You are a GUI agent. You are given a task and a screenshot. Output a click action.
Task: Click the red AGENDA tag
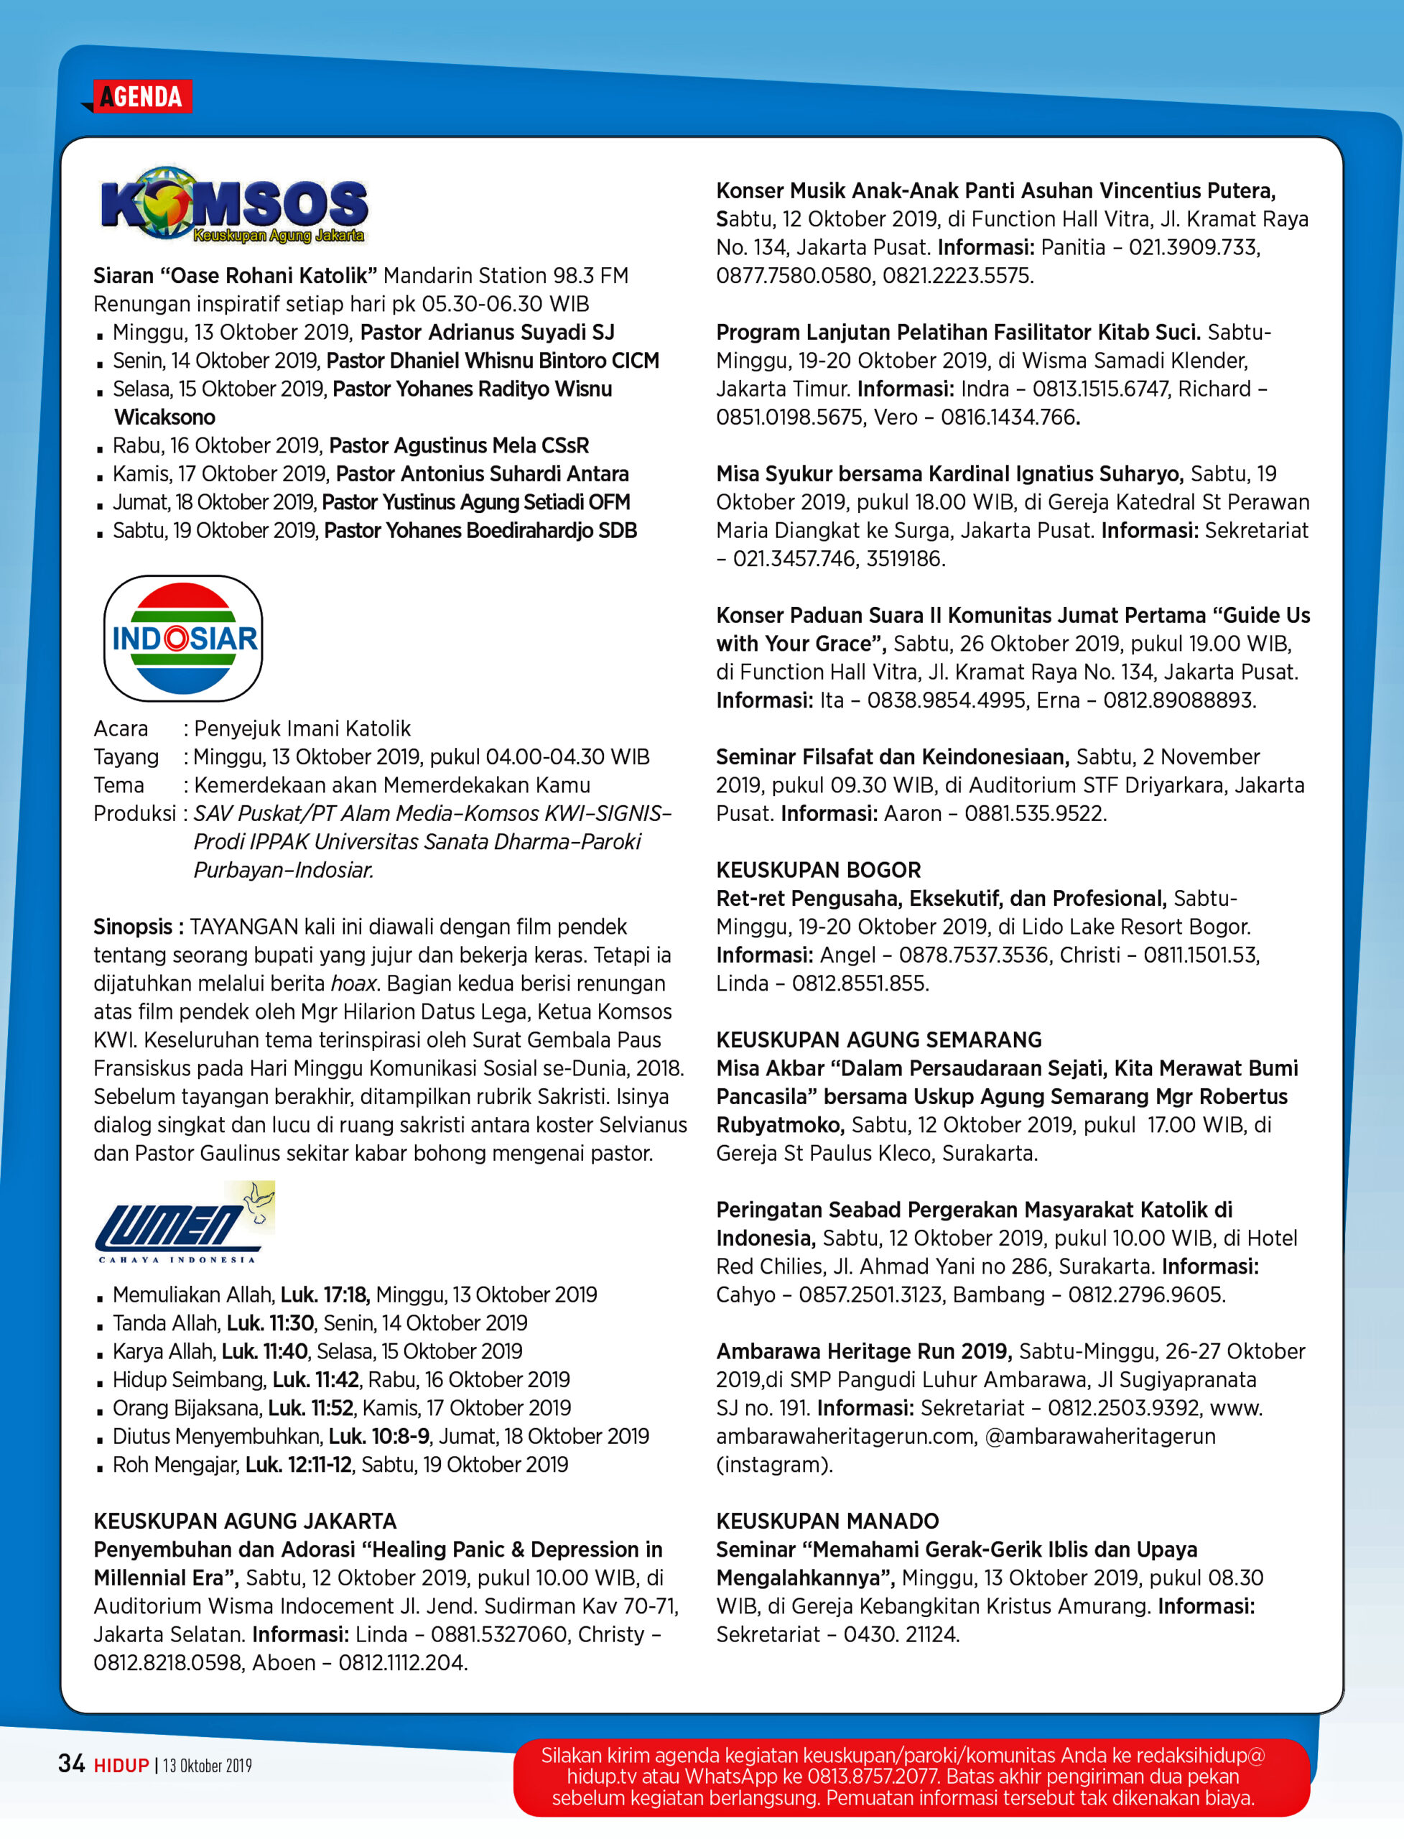point(141,97)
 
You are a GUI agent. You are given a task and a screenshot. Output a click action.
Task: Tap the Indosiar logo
point(183,638)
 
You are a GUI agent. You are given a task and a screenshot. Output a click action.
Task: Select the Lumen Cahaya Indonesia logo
point(185,1223)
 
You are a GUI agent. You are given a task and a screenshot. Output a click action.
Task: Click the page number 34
point(71,1764)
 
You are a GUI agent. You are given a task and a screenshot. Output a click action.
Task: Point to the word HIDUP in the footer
point(121,1766)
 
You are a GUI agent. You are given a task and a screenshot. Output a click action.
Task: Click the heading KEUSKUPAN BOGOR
point(818,870)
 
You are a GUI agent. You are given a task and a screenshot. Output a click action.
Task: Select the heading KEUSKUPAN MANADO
point(827,1521)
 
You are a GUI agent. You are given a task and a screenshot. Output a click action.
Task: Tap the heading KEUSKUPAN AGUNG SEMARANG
point(878,1040)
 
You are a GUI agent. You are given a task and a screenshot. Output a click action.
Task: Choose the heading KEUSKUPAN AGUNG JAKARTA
point(245,1521)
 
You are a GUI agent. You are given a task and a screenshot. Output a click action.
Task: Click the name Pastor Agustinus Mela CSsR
point(459,445)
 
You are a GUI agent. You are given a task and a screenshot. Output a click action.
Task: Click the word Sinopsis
point(133,927)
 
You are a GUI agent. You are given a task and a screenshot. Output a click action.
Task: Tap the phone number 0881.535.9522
point(1035,813)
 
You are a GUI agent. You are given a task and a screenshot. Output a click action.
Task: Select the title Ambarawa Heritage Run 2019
point(863,1352)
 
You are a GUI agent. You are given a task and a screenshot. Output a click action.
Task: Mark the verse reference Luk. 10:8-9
point(378,1437)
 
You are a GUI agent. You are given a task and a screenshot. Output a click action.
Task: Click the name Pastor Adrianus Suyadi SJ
point(487,333)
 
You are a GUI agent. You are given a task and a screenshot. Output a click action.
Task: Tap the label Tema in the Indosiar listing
point(118,786)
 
